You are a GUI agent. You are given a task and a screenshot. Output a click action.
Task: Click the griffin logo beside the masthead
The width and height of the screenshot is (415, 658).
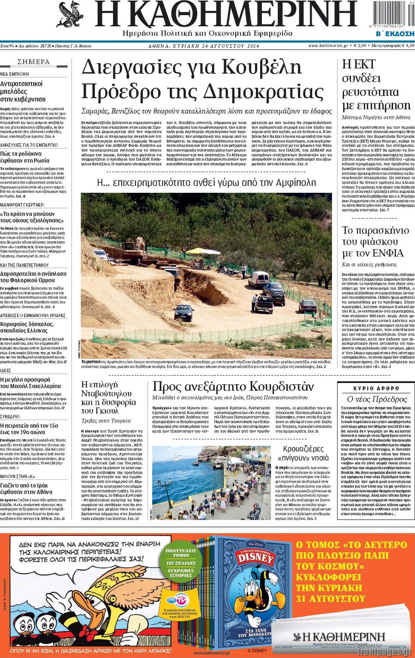70,15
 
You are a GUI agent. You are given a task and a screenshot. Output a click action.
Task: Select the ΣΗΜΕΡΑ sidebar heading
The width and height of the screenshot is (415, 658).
34,62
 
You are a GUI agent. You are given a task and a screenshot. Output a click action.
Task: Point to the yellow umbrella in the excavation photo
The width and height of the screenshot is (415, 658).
202,251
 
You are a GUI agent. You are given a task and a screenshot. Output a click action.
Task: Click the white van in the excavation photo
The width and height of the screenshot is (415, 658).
258,279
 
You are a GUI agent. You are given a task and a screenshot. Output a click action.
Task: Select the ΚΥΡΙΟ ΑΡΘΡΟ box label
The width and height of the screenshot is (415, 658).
376,389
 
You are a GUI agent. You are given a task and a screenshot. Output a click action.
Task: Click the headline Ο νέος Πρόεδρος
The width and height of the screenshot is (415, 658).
376,399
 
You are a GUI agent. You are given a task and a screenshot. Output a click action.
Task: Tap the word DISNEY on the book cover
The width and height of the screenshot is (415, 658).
255,558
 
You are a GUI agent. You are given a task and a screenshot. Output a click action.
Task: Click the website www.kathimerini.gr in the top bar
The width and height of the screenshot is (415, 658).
327,46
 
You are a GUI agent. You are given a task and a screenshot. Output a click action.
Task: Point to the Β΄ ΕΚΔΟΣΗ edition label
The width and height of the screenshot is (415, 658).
395,34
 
